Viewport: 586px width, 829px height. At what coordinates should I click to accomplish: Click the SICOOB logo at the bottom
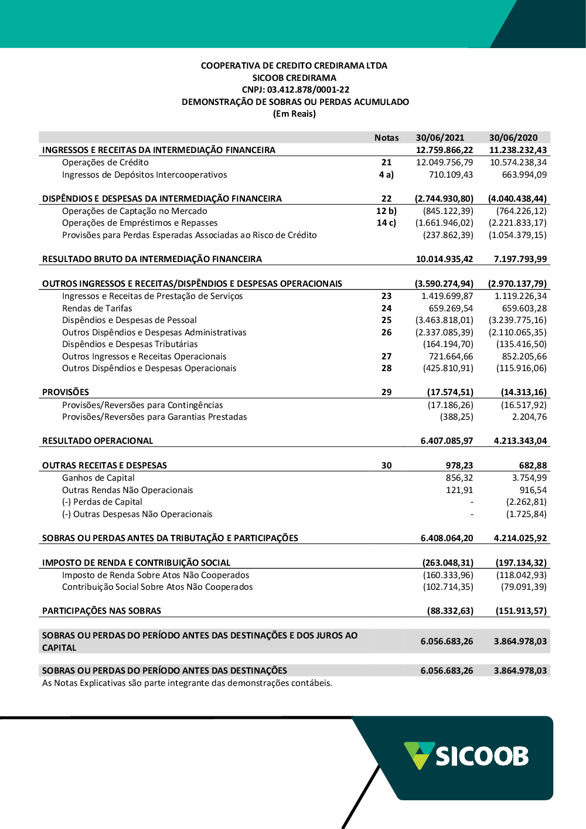coord(466,756)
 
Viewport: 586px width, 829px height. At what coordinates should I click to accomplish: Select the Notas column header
coord(386,138)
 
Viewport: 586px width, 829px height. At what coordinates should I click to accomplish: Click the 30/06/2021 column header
coord(439,138)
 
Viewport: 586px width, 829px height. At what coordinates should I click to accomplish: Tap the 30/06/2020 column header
coord(513,138)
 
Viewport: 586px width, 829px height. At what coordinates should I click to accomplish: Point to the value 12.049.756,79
coord(444,162)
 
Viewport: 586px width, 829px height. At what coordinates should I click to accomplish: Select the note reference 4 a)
coord(386,175)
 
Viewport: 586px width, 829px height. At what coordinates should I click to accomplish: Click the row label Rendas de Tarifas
coord(97,308)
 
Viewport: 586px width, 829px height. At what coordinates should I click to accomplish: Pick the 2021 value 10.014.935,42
coord(444,259)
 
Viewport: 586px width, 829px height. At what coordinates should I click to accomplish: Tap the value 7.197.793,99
coord(520,259)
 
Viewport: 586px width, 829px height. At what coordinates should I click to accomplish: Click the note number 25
coord(386,320)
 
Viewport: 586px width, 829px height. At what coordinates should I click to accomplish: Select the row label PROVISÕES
coord(66,392)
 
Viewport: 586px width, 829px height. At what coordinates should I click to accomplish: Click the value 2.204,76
coord(529,417)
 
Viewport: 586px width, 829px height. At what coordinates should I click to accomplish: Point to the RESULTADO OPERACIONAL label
coord(97,441)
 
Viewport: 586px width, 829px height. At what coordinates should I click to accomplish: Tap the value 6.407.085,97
coord(447,441)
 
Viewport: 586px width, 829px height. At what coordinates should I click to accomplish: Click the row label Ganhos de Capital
coord(98,478)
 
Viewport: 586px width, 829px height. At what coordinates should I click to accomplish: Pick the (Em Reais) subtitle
coord(294,114)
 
